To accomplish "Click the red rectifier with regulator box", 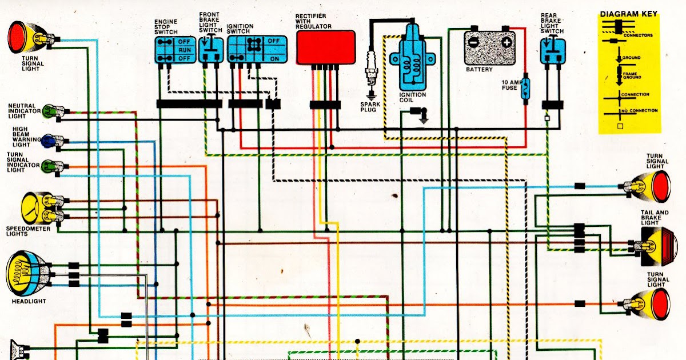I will [325, 47].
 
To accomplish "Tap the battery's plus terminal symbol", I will [506, 42].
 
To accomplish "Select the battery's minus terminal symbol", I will [473, 42].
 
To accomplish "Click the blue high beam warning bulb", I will [50, 139].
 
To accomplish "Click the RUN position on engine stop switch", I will [184, 50].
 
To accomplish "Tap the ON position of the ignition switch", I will [274, 59].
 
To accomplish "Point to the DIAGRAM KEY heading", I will [628, 14].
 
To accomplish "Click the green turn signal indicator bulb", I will [50, 166].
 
